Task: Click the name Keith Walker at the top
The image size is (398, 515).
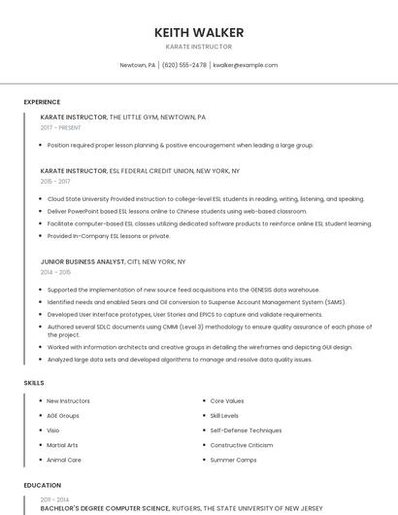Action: coord(199,32)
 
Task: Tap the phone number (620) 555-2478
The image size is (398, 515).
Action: coord(184,65)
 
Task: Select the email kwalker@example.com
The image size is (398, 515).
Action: coord(246,65)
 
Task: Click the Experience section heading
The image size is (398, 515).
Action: coord(42,102)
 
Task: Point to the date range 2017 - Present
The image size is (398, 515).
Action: coord(60,127)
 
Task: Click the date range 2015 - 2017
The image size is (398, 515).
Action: coord(55,181)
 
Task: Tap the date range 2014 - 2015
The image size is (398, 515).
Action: coord(55,272)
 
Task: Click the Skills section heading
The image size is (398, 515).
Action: coord(34,383)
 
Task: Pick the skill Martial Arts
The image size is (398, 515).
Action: coord(63,445)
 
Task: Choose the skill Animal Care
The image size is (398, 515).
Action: coord(64,460)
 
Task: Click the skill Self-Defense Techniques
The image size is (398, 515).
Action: coord(246,429)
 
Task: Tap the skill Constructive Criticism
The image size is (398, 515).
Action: coord(242,445)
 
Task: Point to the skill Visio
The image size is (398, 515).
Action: coord(53,429)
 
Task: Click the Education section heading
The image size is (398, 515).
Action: coord(42,485)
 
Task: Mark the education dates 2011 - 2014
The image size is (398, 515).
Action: coord(54,498)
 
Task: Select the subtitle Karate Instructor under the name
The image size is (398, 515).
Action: coord(199,47)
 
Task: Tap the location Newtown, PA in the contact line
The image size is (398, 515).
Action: coord(137,65)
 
